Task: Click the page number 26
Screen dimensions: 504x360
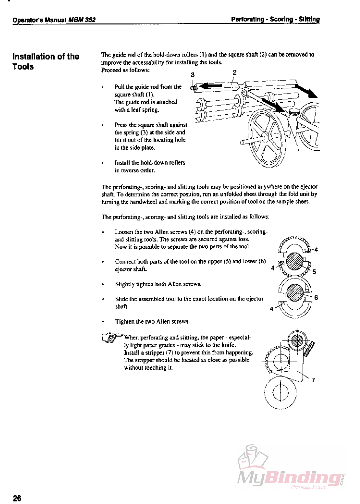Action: tap(17, 498)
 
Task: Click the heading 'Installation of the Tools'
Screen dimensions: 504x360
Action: tap(46, 61)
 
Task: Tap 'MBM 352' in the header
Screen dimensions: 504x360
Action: tap(82, 20)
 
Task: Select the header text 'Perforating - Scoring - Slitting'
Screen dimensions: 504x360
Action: tap(275, 19)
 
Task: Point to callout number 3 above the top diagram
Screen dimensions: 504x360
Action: tap(193, 75)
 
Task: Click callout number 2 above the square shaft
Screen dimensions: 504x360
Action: tap(235, 72)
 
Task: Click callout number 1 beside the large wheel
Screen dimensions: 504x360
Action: tap(299, 151)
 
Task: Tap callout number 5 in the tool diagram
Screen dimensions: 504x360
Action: tap(314, 272)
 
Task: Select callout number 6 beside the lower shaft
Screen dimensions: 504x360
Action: tap(316, 297)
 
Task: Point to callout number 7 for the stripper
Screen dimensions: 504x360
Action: tap(313, 380)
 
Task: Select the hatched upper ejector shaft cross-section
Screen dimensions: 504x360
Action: tap(294, 261)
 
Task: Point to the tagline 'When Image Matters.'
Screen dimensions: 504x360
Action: tap(308, 487)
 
